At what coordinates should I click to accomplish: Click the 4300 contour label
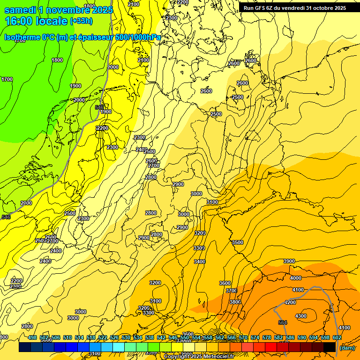click(301, 316)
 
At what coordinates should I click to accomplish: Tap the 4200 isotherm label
click(290, 303)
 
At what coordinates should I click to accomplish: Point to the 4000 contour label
click(296, 278)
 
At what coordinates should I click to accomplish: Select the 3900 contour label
click(289, 261)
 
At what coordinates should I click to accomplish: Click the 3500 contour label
click(238, 242)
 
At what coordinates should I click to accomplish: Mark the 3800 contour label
click(235, 302)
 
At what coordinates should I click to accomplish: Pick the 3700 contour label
click(231, 291)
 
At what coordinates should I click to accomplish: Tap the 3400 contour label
click(200, 262)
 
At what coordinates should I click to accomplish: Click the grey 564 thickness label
click(282, 322)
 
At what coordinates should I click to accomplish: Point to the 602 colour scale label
click(337, 337)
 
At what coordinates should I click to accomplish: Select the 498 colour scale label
click(32, 337)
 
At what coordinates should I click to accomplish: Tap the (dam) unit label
click(347, 347)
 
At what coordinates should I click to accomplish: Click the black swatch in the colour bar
click(330, 347)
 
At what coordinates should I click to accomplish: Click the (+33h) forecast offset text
click(81, 21)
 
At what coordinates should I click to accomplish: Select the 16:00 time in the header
click(19, 21)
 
